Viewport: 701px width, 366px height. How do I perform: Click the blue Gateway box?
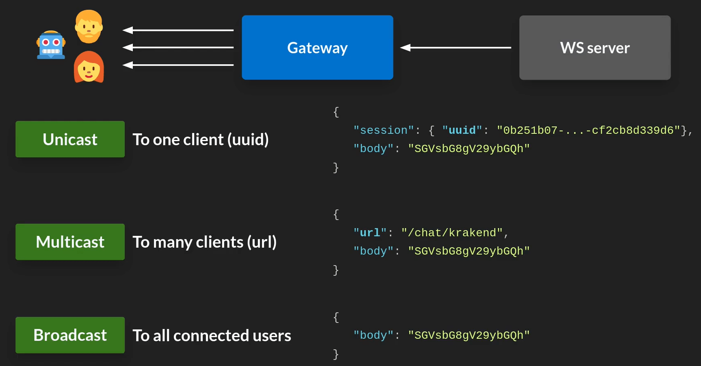pos(317,48)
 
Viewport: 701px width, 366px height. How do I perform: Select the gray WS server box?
pos(595,48)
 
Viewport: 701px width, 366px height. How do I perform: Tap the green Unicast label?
pos(70,139)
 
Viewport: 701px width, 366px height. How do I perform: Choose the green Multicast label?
pos(70,242)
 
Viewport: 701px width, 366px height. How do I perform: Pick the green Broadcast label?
pos(70,335)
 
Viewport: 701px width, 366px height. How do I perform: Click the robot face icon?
pos(51,45)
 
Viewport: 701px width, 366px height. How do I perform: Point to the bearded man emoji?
pos(89,26)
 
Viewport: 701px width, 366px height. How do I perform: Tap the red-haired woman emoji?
pos(89,67)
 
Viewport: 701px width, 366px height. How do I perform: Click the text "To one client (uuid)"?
pos(201,139)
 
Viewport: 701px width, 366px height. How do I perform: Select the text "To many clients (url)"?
pos(205,242)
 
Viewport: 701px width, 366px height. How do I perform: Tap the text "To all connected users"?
pos(212,335)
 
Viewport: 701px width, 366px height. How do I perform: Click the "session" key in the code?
pos(383,130)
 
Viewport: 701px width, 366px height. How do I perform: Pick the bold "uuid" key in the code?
pos(462,130)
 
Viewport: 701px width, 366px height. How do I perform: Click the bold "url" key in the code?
pos(370,233)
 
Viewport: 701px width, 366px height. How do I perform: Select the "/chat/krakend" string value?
pos(452,233)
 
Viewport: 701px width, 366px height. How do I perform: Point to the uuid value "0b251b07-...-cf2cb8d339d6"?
pos(588,130)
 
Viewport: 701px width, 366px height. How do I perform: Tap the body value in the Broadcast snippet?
pos(469,335)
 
